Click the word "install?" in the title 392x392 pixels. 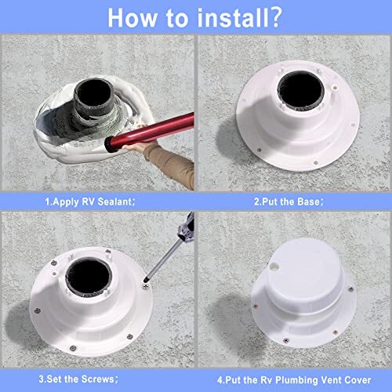[239, 17]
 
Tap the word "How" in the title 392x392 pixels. [132, 18]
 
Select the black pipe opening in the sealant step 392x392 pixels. [94, 93]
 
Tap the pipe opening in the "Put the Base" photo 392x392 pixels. [301, 89]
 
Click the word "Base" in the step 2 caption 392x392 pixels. [308, 201]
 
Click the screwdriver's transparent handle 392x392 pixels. [187, 226]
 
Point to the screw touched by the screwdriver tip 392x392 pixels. [146, 287]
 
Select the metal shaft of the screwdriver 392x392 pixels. [163, 260]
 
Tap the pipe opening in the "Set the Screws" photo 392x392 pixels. [89, 277]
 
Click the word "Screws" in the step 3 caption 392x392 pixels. [97, 379]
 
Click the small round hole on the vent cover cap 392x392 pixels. [274, 267]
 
